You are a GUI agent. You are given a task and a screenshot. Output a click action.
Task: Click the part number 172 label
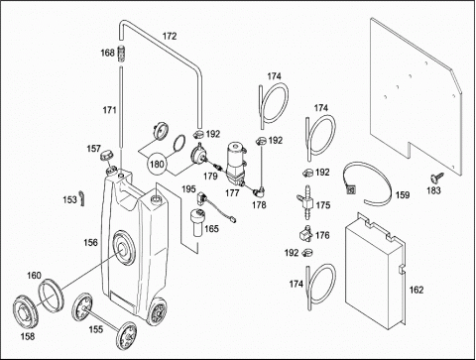170,36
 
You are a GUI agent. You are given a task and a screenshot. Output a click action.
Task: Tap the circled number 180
157,164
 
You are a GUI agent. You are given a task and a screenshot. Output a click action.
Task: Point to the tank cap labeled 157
107,156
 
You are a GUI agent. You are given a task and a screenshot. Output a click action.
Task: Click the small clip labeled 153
82,198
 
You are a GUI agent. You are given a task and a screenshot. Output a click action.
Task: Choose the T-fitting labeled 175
304,202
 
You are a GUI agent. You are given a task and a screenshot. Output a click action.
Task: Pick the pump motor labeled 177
235,164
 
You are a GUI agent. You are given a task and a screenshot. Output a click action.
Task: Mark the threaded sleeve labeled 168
122,53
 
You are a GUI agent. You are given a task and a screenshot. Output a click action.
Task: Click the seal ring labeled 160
51,296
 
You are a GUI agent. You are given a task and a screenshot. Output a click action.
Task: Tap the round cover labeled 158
26,310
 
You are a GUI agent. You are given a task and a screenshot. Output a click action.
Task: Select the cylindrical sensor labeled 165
198,222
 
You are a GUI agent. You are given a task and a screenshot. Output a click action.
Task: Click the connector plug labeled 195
201,198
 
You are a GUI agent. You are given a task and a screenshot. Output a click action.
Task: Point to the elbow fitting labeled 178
259,191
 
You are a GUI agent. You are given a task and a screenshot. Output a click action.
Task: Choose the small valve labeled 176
305,234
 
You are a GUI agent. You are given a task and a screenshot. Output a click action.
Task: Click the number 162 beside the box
416,290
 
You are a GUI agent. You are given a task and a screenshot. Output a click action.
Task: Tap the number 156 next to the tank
90,243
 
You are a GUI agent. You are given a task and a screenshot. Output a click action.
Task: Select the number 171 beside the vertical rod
109,110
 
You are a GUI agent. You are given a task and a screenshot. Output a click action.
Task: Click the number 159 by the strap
403,195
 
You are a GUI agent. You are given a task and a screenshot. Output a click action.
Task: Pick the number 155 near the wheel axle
95,329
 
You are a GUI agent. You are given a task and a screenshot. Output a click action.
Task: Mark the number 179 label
210,177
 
